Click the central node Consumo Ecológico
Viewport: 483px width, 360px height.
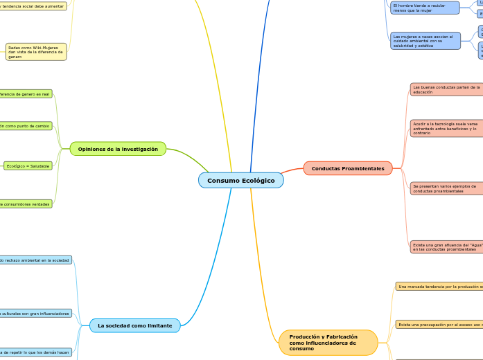[x=240, y=181]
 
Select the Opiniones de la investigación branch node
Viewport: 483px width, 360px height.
[x=118, y=149]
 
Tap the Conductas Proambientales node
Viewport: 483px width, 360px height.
[x=348, y=168]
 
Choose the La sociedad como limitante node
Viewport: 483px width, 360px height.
[x=134, y=325]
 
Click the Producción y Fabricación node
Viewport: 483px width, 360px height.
[x=328, y=343]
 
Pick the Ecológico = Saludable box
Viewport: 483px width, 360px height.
[x=28, y=166]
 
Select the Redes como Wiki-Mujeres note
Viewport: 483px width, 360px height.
[x=36, y=52]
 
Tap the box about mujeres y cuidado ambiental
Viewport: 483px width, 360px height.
[x=425, y=41]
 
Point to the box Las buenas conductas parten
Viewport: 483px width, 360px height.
[x=446, y=89]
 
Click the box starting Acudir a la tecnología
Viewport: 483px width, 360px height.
[x=446, y=128]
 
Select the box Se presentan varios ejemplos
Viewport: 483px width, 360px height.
[x=446, y=188]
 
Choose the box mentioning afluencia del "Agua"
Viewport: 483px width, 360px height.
[x=446, y=247]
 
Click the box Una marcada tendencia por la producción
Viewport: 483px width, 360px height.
[x=439, y=286]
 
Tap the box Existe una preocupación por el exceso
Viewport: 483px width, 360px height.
[x=439, y=324]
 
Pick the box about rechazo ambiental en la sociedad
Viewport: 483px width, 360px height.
[x=35, y=260]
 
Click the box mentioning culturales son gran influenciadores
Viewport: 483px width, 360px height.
[x=35, y=314]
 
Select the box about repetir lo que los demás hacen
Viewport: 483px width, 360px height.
[x=35, y=352]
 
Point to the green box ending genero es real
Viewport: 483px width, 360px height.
[x=26, y=93]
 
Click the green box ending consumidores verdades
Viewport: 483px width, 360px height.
[x=26, y=204]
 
